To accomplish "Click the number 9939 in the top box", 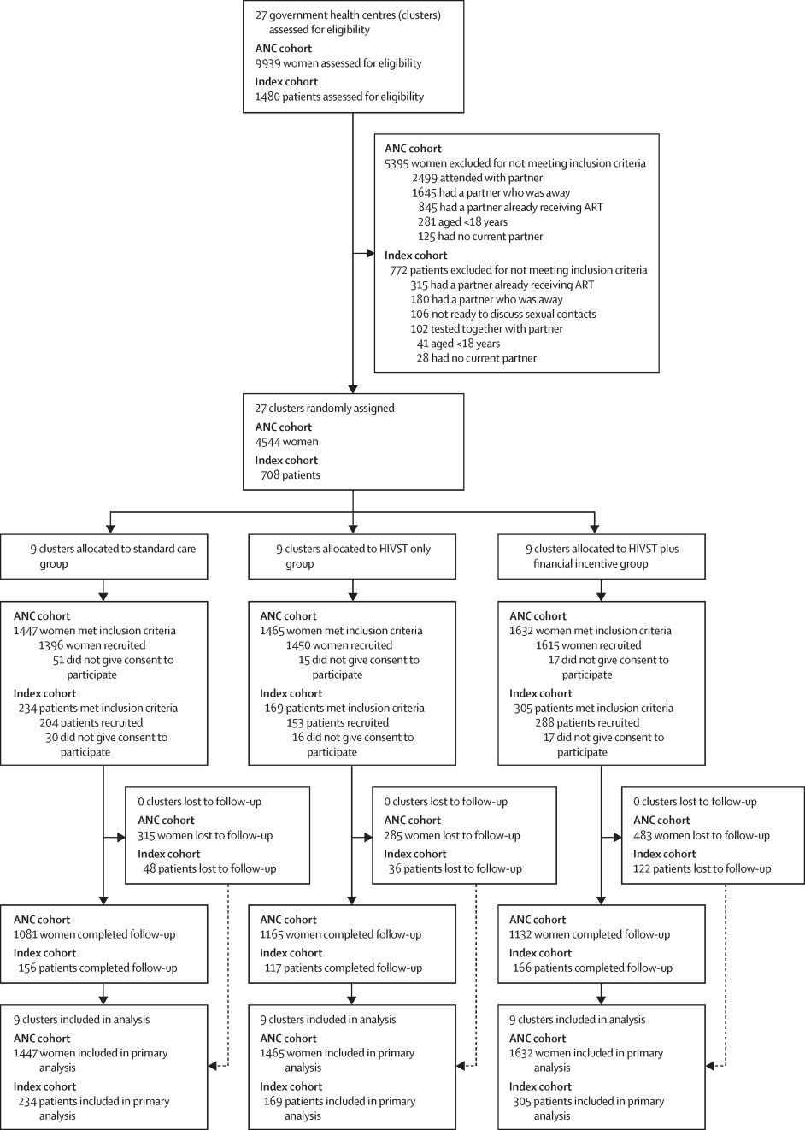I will pos(268,62).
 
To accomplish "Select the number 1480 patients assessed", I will pos(268,97).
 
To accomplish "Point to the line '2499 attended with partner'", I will pos(477,178).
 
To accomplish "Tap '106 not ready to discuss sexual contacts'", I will pos(502,314).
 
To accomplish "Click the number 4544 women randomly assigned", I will pos(268,442).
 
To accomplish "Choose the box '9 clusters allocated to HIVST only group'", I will pos(351,556).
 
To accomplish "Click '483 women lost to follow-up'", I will pos(702,835).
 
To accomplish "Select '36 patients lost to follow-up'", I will pos(453,868).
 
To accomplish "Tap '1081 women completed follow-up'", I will pos(94,934).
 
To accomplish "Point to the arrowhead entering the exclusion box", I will pos(370,253).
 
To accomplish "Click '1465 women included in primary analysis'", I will pos(337,1060).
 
